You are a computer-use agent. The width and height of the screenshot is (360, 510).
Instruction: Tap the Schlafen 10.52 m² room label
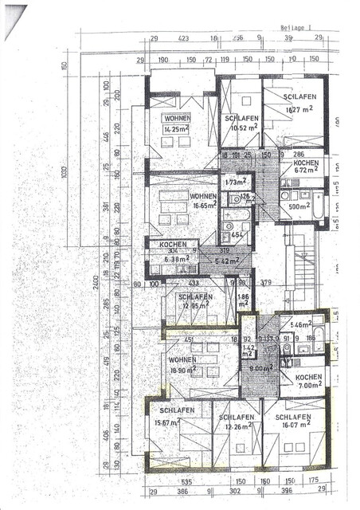240,122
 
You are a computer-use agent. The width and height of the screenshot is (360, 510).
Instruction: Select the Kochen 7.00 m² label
307,382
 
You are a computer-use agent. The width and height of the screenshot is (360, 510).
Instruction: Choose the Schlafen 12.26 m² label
239,422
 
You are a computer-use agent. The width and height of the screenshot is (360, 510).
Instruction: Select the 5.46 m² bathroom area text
302,325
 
